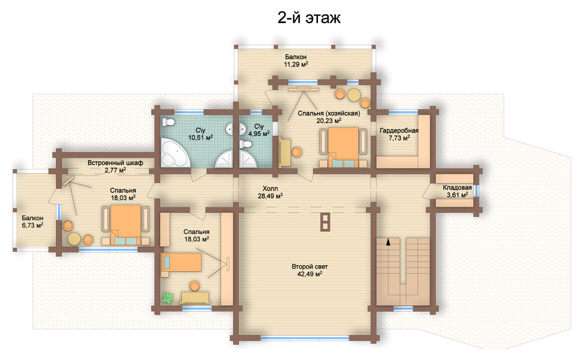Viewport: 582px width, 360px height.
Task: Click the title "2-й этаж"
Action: pos(309,18)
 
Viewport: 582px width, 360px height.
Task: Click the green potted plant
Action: pos(168,298)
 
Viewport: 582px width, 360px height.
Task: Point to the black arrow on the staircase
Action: pos(388,242)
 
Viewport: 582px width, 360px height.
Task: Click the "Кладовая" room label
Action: pos(457,188)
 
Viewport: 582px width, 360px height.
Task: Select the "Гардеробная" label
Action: pos(399,131)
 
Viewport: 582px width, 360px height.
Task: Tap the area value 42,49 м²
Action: pos(310,274)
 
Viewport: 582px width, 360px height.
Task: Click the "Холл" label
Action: pos(270,188)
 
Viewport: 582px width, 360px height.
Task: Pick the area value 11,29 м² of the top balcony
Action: pos(296,64)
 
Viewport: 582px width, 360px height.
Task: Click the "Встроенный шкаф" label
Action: pos(115,163)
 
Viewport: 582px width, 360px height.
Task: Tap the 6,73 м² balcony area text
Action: pos(32,225)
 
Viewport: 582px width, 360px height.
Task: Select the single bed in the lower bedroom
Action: pos(181,262)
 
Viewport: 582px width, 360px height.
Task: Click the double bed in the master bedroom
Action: pos(344,146)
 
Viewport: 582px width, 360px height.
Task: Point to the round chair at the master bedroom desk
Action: pos(296,152)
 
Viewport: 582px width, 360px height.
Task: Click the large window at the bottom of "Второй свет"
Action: pos(305,338)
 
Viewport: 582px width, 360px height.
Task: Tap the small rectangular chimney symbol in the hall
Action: pos(325,222)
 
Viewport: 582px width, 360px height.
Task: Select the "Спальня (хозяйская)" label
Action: pos(329,114)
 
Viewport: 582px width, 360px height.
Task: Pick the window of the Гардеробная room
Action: pos(403,112)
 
